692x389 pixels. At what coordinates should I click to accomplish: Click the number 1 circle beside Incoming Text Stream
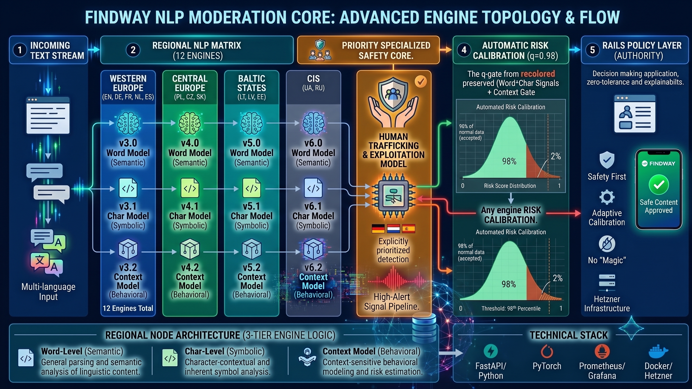coord(20,50)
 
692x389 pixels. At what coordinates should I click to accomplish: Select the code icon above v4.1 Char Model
coord(190,188)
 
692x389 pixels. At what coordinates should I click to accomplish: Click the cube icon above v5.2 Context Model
coord(252,249)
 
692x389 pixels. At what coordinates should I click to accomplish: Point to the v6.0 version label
coord(313,143)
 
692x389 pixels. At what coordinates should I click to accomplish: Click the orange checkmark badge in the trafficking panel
coord(421,81)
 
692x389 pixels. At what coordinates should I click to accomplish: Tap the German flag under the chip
coord(378,229)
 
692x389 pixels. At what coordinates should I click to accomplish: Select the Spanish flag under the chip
coord(409,229)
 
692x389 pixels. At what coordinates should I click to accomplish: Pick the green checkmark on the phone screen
coord(659,184)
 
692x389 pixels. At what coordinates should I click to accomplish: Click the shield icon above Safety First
coord(607,160)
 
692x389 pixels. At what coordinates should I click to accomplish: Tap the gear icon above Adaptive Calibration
coord(607,197)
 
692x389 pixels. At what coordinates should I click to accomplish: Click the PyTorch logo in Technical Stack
coord(547,352)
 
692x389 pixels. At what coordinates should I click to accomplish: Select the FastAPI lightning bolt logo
coord(490,352)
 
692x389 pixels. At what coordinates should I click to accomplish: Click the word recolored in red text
coord(538,74)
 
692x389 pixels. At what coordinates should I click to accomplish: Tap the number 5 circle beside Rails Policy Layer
coord(592,50)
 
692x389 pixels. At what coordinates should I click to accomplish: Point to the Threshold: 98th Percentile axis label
coord(511,308)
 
